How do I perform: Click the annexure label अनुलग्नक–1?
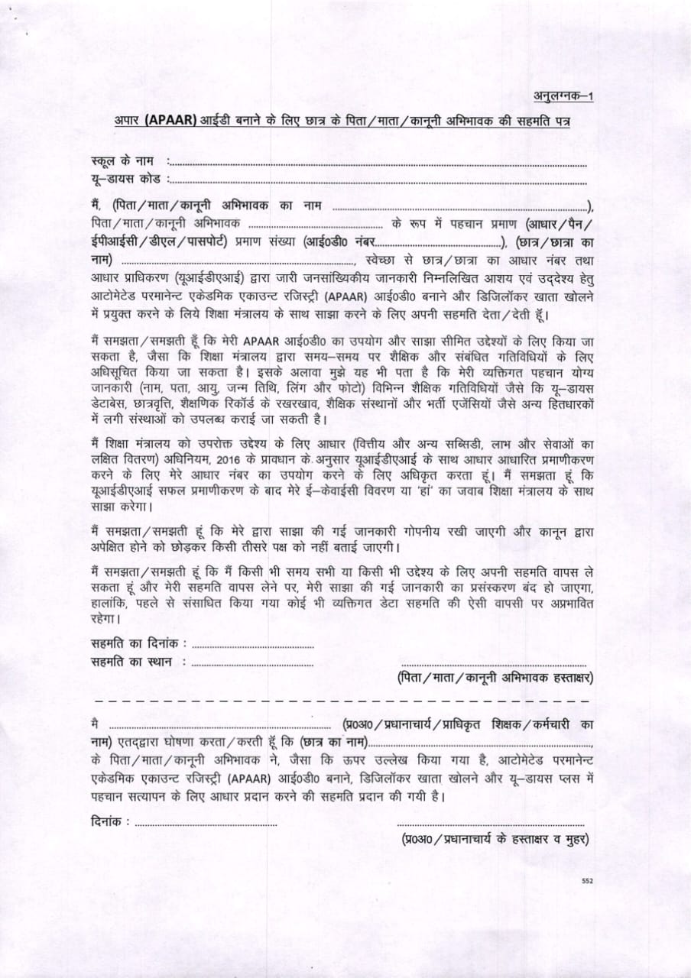[x=564, y=96]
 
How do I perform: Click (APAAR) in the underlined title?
[x=165, y=121]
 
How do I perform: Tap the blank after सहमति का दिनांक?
[x=252, y=647]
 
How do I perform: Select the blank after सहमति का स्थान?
[x=252, y=664]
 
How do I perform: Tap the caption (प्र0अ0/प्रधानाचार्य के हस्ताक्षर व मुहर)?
[x=495, y=839]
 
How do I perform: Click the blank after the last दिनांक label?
[x=206, y=825]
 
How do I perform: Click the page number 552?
[x=587, y=881]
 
